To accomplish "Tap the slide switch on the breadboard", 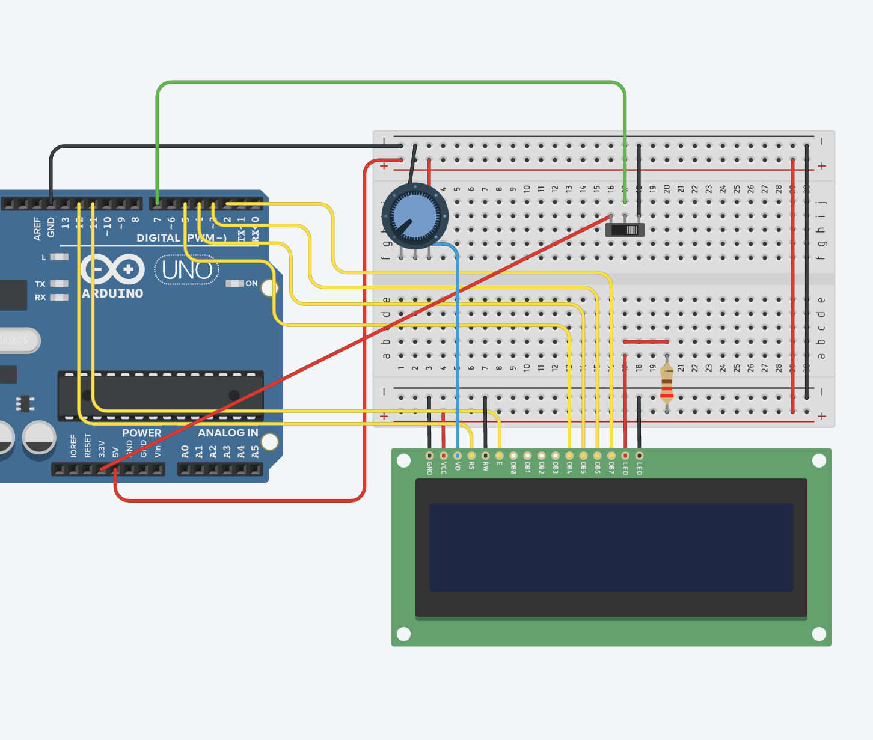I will click(625, 230).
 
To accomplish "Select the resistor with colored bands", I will click(667, 385).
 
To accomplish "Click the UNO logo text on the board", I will click(186, 271).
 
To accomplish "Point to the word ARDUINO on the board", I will click(113, 293).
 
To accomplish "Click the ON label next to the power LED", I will click(251, 283).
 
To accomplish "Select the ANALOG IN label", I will click(228, 433).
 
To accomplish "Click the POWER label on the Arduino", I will click(141, 433).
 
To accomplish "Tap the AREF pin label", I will click(37, 228).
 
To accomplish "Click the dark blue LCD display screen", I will click(611, 547).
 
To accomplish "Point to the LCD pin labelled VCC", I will click(444, 456).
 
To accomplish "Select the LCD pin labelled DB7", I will click(611, 456).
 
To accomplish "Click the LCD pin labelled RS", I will click(471, 456).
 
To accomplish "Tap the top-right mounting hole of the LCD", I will click(819, 460).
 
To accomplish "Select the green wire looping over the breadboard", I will click(391, 82).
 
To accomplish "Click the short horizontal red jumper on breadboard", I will click(646, 341).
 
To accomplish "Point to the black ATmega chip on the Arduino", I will click(161, 396).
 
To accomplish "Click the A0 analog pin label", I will click(185, 451).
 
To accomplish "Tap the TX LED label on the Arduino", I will click(40, 284).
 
